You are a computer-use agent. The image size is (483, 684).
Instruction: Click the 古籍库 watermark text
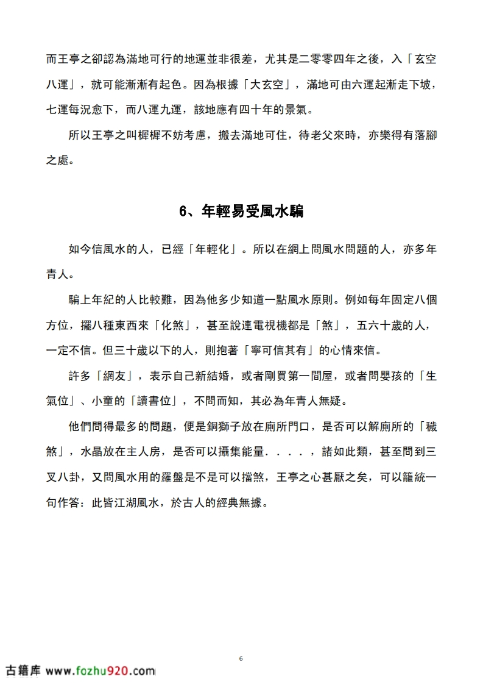tap(23, 671)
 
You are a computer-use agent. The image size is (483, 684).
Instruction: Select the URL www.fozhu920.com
tap(100, 671)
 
